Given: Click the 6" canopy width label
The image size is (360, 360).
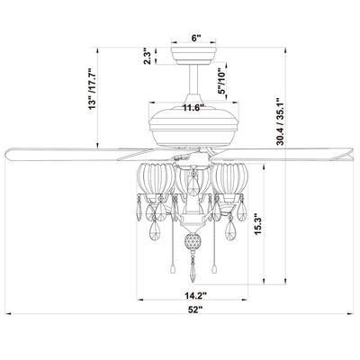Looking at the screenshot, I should tap(196, 40).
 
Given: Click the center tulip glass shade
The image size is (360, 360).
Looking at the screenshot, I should tap(190, 184).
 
